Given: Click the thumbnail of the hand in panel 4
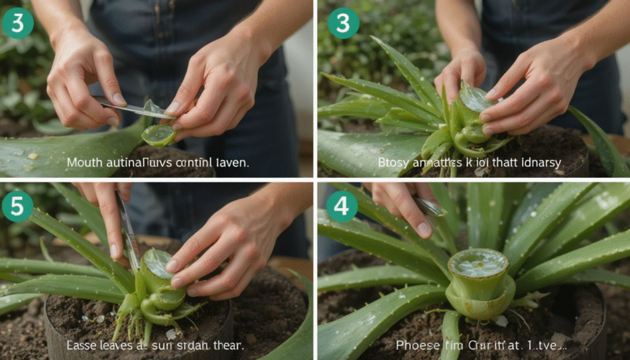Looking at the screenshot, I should tap(424, 229).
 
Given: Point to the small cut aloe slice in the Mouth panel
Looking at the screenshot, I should tap(159, 135).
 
